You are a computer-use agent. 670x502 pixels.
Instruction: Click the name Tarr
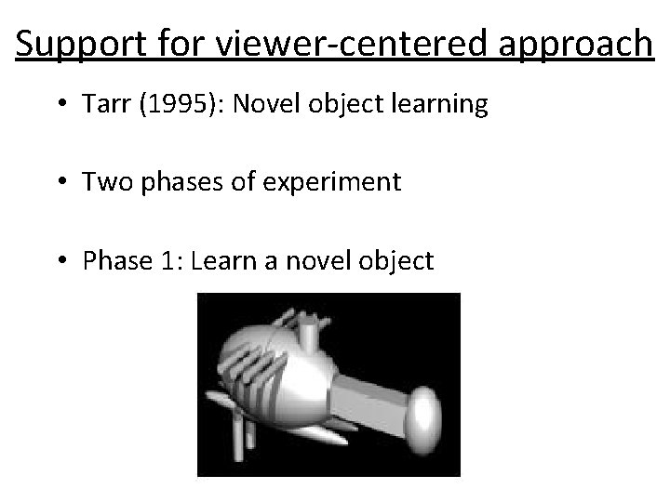pos(102,105)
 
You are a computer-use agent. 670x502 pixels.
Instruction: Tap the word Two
pos(104,181)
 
